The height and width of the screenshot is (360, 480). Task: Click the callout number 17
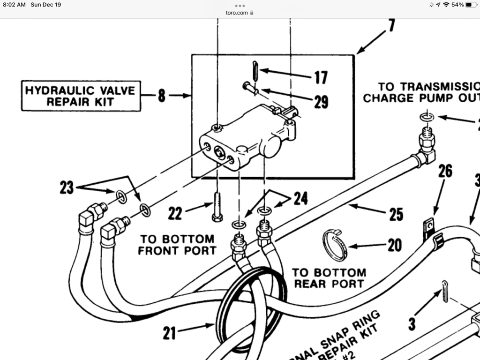click(321, 77)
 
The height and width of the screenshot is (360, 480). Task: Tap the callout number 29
click(321, 102)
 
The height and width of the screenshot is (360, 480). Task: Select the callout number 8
click(161, 96)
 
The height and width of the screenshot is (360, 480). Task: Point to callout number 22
click(175, 214)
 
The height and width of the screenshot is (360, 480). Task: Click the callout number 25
click(396, 214)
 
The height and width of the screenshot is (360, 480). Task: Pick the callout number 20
click(395, 245)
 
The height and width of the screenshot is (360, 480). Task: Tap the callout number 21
click(169, 333)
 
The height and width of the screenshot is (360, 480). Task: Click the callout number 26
click(445, 171)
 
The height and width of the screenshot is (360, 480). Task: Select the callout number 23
click(67, 188)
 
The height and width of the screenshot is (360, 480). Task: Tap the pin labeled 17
click(255, 70)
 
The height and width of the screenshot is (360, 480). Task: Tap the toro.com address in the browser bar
click(237, 13)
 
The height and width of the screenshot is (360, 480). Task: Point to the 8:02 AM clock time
click(15, 5)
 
